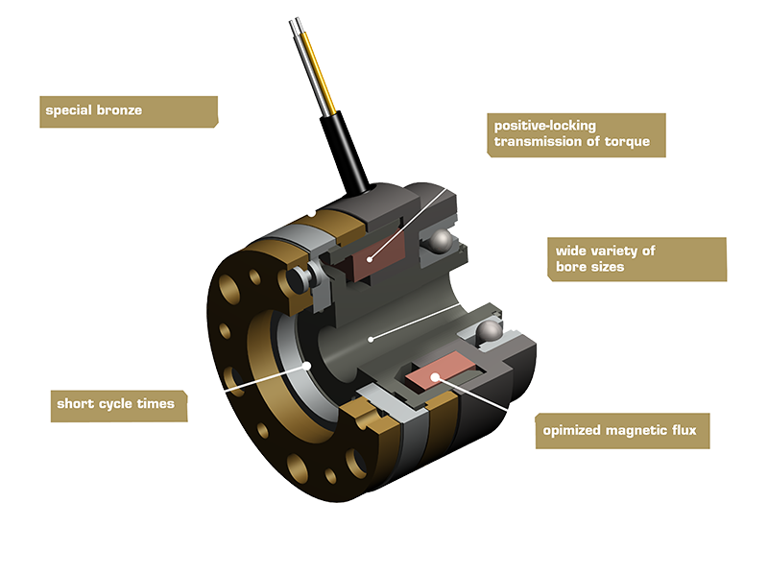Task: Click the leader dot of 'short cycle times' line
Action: [x=307, y=365]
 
